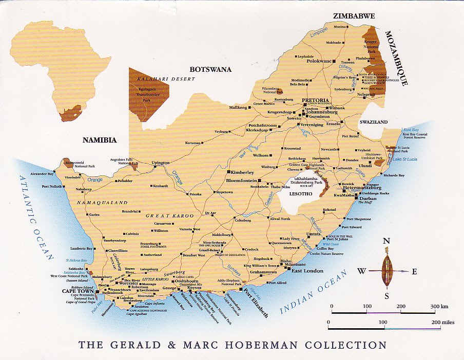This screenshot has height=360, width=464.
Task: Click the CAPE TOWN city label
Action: (x=76, y=291)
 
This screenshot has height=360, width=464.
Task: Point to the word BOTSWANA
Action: (x=210, y=69)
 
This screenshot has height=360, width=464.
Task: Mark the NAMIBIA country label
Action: (x=101, y=139)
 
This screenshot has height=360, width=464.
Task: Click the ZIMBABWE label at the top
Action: (x=354, y=16)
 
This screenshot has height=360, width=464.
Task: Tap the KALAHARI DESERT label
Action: (x=159, y=79)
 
